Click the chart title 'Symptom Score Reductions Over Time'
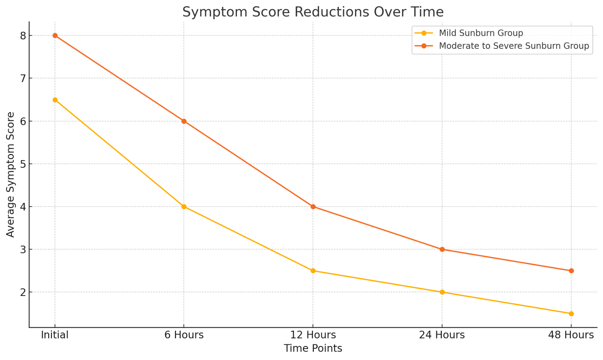pyautogui.click(x=313, y=12)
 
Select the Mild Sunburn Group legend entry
pyautogui.click(x=481, y=33)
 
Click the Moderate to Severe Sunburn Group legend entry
pyautogui.click(x=514, y=46)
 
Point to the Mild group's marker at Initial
pyautogui.click(x=55, y=100)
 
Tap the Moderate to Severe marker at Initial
pyautogui.click(x=55, y=35)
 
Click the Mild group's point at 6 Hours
pyautogui.click(x=184, y=207)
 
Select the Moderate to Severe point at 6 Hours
pyautogui.click(x=184, y=121)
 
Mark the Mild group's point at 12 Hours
pyautogui.click(x=313, y=271)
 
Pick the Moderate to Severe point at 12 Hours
pyautogui.click(x=313, y=207)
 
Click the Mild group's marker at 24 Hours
pyautogui.click(x=442, y=292)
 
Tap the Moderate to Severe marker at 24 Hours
pyautogui.click(x=442, y=249)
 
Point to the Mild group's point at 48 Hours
pyautogui.click(x=571, y=314)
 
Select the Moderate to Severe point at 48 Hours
pyautogui.click(x=571, y=271)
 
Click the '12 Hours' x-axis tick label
pyautogui.click(x=313, y=335)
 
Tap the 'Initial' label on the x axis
pyautogui.click(x=55, y=335)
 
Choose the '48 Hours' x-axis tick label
pyautogui.click(x=571, y=335)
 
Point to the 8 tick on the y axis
pyautogui.click(x=23, y=36)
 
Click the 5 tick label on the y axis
pyautogui.click(x=23, y=164)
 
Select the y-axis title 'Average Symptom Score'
pyautogui.click(x=11, y=174)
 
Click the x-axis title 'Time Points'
pyautogui.click(x=313, y=349)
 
